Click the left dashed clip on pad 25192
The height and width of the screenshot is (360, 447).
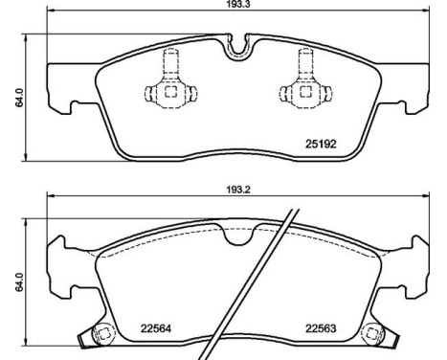pos(168,91)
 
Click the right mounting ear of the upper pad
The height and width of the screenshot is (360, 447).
pos(412,86)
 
